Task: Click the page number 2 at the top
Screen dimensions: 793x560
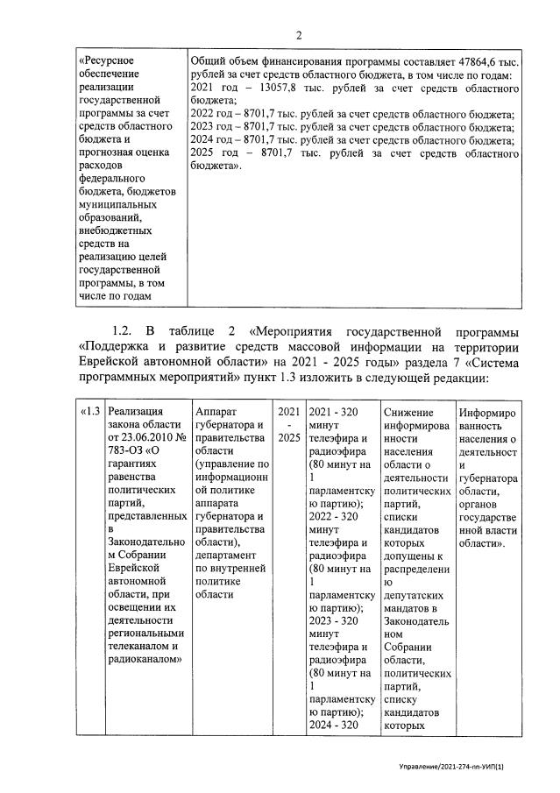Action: coord(299,35)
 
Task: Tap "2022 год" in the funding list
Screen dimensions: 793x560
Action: coord(214,114)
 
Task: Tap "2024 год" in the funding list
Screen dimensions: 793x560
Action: coord(214,139)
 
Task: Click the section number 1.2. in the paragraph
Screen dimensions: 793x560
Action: coord(122,332)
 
